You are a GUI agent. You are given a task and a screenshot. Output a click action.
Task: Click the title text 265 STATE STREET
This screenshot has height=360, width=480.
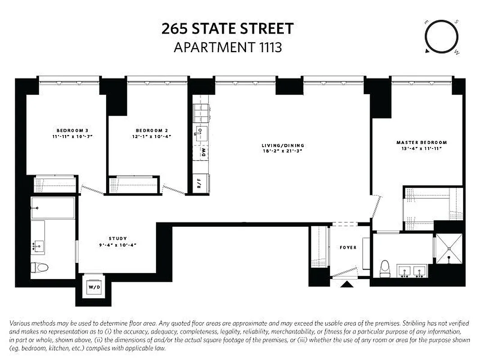coord(227,29)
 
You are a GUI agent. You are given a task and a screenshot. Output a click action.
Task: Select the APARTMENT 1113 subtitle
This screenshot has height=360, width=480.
coord(227,47)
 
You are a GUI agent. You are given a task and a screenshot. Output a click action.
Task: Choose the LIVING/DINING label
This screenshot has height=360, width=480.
coord(283,145)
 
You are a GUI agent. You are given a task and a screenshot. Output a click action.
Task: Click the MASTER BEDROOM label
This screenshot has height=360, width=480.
coord(422,142)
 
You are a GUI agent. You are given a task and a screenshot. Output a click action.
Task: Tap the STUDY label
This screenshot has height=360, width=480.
coord(117,238)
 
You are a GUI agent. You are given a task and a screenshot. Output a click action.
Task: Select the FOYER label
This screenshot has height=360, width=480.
coord(348,247)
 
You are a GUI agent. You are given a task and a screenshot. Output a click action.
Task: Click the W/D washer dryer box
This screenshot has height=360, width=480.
coord(94,287)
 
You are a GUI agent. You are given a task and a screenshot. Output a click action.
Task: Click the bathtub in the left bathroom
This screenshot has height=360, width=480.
coord(53,208)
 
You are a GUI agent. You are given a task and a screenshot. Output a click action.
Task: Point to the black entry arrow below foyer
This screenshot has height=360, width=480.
coord(346,284)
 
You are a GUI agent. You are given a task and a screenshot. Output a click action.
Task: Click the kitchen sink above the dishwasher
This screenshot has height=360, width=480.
coord(201,133)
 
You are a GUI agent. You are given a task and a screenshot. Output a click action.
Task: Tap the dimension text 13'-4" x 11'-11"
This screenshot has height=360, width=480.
coord(422,148)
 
